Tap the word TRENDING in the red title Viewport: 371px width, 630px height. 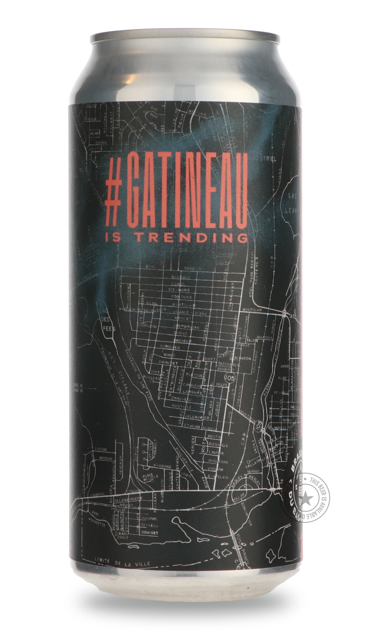(x=205, y=237)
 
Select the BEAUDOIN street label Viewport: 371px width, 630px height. (x=243, y=359)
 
